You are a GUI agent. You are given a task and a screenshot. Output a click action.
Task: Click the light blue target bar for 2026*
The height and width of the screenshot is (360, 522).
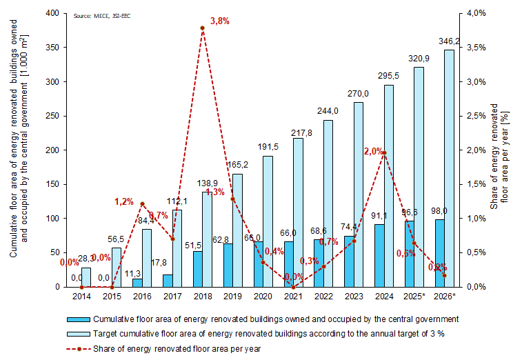click(x=449, y=168)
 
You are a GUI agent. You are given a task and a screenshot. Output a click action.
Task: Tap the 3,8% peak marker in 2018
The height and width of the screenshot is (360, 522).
click(x=203, y=28)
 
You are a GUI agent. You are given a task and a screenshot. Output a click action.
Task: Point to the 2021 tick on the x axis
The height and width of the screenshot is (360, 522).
click(x=292, y=296)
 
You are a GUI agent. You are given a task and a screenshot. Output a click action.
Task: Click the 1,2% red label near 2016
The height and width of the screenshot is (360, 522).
click(x=124, y=201)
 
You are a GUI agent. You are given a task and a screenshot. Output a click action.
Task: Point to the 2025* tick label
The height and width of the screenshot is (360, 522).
click(x=414, y=296)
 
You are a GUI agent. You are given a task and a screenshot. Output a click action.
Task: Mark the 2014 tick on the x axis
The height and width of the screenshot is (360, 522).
click(x=81, y=296)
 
